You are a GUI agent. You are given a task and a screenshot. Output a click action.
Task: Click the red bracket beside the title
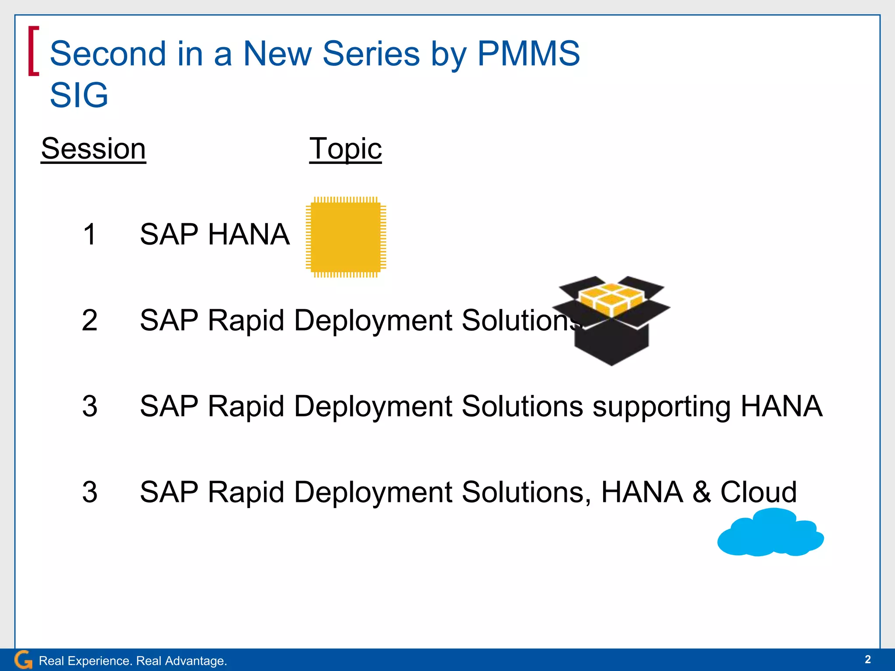pyautogui.click(x=33, y=51)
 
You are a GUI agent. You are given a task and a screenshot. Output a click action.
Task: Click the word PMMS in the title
pyautogui.click(x=528, y=54)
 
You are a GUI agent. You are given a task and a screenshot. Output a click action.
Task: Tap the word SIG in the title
pyautogui.click(x=79, y=95)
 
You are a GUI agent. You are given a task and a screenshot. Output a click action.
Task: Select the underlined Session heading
pyautogui.click(x=94, y=149)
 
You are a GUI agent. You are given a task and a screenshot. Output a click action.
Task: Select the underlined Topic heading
pyautogui.click(x=345, y=149)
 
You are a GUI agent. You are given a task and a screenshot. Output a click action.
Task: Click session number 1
pyautogui.click(x=90, y=235)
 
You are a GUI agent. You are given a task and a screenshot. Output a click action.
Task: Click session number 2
pyautogui.click(x=90, y=320)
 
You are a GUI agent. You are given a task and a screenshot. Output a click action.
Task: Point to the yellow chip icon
pyautogui.click(x=346, y=237)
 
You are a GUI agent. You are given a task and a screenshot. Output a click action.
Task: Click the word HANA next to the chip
pyautogui.click(x=249, y=235)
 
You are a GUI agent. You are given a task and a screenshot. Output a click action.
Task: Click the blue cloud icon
pyautogui.click(x=770, y=533)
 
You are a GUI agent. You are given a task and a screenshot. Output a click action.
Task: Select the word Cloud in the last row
pyautogui.click(x=758, y=492)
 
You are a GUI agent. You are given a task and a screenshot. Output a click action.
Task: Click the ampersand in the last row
pyautogui.click(x=701, y=492)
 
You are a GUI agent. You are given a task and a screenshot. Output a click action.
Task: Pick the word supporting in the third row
pyautogui.click(x=661, y=407)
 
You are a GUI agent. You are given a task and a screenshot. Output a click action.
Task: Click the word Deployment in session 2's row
pyautogui.click(x=374, y=320)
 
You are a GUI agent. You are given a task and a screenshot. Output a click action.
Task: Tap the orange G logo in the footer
pyautogui.click(x=23, y=660)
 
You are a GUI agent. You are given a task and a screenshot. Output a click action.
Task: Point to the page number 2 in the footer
pyautogui.click(x=867, y=659)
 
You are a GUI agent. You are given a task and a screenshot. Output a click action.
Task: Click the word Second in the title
pyautogui.click(x=108, y=54)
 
